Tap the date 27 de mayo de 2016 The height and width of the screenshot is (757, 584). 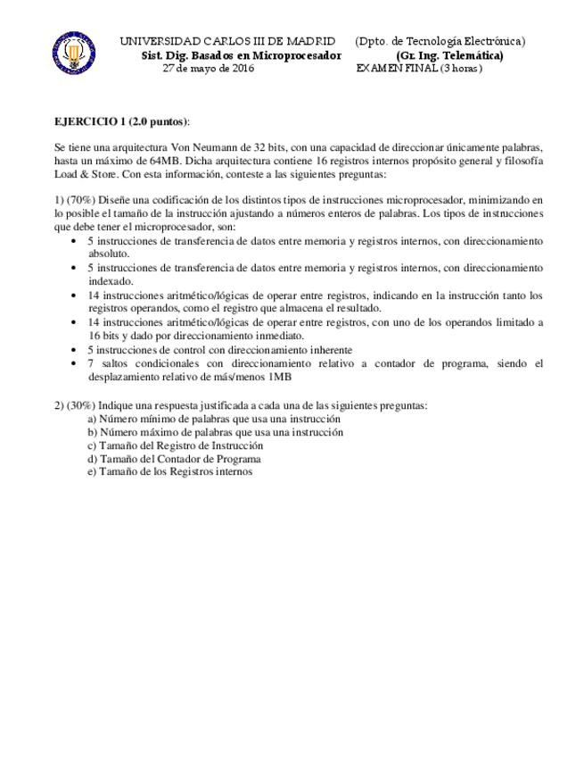click(x=208, y=69)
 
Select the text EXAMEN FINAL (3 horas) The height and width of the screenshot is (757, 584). click(x=419, y=69)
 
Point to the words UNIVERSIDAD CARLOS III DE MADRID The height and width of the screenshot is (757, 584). click(x=227, y=41)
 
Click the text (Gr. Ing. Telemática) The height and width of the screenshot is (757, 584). click(x=448, y=55)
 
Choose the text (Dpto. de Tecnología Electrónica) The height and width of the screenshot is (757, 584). click(x=440, y=41)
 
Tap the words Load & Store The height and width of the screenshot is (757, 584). click(x=82, y=175)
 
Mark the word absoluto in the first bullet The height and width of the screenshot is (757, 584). click(x=109, y=253)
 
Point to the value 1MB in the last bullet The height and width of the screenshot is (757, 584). click(x=281, y=376)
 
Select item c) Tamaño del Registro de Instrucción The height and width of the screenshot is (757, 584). click(x=175, y=445)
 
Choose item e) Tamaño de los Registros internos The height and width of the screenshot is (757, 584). click(x=169, y=471)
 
